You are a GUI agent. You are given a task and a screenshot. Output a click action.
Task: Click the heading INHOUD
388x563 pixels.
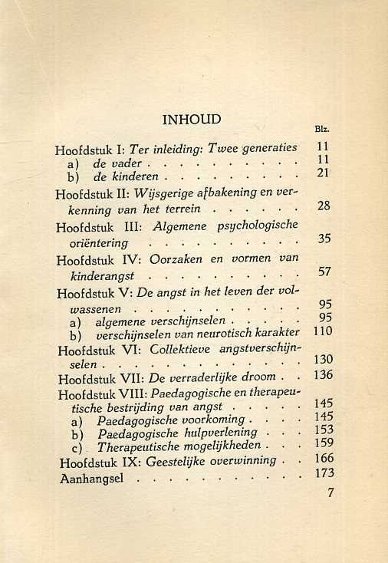tap(192, 120)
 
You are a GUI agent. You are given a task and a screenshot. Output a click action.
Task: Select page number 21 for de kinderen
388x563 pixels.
tap(322, 173)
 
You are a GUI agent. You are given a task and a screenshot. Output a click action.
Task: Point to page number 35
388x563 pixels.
tap(323, 239)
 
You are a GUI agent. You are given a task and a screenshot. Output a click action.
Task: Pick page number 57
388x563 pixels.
tap(323, 272)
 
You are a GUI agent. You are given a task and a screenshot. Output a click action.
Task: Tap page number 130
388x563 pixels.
tap(322, 360)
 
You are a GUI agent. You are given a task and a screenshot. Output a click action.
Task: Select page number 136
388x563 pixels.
tap(322, 375)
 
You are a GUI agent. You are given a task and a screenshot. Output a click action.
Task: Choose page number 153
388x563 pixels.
tap(324, 430)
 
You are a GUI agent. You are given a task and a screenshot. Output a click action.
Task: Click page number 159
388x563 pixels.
tap(324, 443)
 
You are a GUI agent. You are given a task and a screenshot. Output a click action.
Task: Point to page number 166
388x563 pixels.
tap(324, 459)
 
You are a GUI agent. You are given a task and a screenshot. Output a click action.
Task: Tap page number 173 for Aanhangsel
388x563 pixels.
tap(324, 474)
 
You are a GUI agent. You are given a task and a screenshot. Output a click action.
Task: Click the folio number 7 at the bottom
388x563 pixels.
tap(330, 493)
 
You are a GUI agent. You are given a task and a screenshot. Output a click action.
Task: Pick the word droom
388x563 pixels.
tap(260, 377)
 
